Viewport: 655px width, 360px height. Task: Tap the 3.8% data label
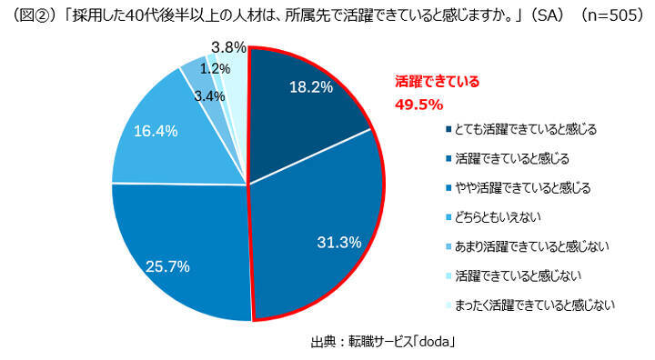[226, 47]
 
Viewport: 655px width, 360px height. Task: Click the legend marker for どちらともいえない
[448, 217]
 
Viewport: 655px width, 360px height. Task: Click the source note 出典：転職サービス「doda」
[383, 342]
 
